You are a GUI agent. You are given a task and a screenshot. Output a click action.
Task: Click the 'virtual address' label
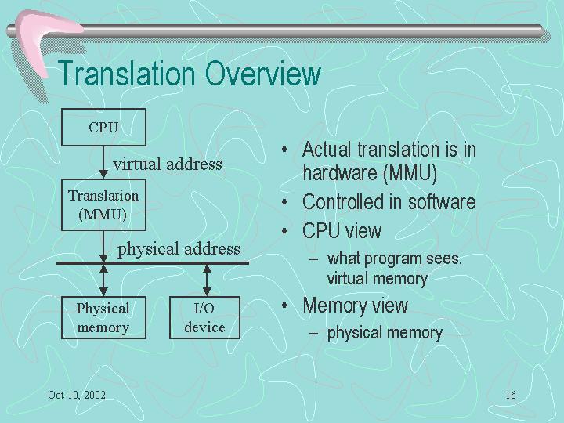[x=168, y=164]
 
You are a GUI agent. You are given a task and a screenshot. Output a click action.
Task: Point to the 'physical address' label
[x=179, y=249]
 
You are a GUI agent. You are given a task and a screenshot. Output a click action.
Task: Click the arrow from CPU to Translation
[x=103, y=162]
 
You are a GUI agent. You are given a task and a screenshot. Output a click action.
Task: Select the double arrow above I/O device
[x=207, y=280]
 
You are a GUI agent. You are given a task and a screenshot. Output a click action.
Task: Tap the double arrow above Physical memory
[x=103, y=280]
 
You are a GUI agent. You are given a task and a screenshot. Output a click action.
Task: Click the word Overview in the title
[x=263, y=74]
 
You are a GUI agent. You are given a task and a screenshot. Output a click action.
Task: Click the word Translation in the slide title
[x=126, y=74]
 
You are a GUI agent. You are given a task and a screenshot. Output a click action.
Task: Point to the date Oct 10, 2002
[x=77, y=395]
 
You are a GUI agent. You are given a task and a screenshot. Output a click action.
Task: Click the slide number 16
[x=511, y=395]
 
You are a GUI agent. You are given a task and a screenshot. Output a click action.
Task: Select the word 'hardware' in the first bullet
[x=339, y=173]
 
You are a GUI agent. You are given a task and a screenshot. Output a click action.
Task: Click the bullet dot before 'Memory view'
[x=284, y=306]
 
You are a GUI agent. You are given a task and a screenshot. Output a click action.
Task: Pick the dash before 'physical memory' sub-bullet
[x=313, y=334]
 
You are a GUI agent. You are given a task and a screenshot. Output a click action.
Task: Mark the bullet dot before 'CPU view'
[x=284, y=231]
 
